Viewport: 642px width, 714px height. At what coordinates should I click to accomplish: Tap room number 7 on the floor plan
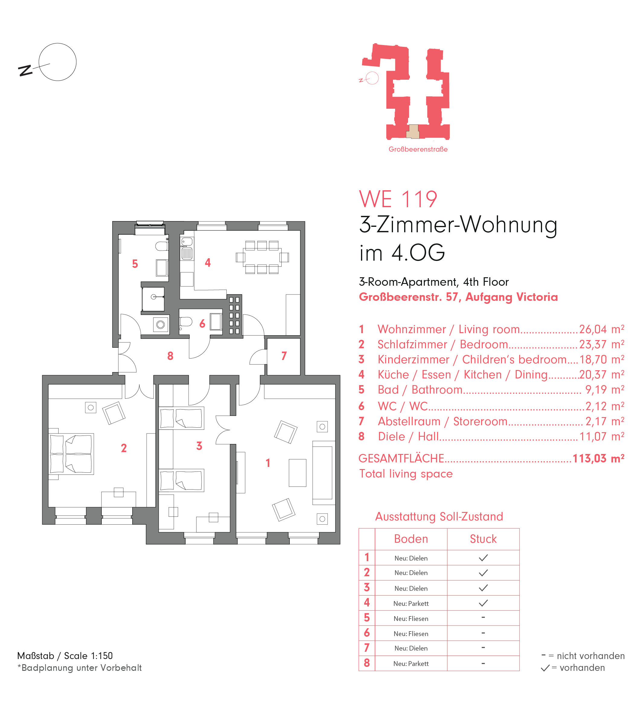point(284,356)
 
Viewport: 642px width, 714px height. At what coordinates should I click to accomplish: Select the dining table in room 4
point(262,257)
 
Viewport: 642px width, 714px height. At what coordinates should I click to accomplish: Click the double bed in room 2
point(71,454)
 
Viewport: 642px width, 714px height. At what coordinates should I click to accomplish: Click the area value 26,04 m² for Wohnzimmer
point(602,329)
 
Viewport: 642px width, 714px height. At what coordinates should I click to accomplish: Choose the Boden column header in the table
point(411,539)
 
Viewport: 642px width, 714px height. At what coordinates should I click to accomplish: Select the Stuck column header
point(483,539)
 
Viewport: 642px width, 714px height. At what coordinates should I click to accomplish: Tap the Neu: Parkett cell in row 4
point(411,603)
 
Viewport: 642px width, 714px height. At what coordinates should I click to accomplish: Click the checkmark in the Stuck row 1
point(483,558)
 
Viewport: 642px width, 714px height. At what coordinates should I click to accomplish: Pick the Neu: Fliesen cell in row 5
point(411,619)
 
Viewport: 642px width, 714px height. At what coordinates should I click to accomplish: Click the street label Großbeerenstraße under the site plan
point(418,149)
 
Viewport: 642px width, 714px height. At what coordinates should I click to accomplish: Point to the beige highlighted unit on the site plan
point(413,131)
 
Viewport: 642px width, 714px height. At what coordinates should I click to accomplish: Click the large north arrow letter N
point(25,71)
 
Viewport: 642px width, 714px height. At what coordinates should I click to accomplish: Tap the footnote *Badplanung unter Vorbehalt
point(80,668)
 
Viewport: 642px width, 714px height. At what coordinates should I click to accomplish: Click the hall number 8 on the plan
point(170,356)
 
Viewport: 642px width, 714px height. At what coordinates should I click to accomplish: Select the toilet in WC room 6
point(185,322)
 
